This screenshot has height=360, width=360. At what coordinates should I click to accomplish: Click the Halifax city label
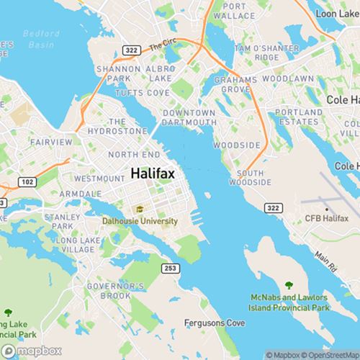coord(153,174)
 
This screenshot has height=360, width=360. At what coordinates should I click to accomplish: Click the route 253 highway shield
coord(170,268)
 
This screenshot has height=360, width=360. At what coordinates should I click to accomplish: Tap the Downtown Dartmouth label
coord(189,118)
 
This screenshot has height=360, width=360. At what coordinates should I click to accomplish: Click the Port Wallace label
coord(234,10)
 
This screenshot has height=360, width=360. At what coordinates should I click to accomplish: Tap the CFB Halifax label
coord(326,217)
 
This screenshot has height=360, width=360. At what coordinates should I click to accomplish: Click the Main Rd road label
coord(325,262)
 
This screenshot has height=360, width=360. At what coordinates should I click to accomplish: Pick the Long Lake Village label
coord(75,245)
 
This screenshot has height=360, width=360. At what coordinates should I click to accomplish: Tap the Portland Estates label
coord(298,117)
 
